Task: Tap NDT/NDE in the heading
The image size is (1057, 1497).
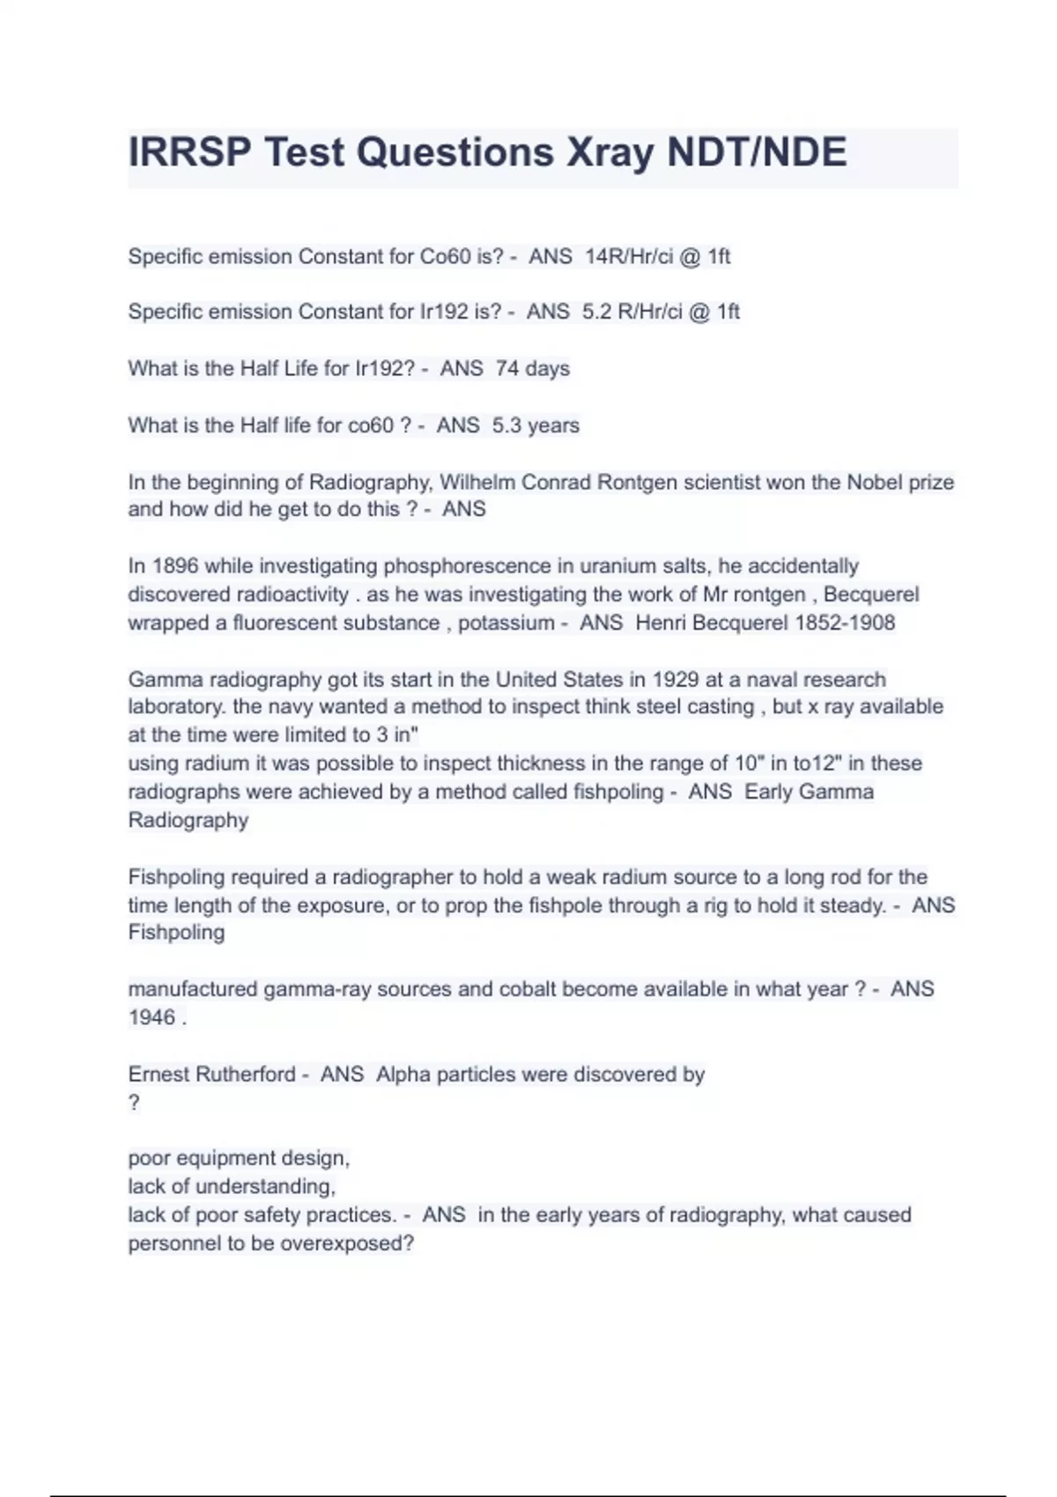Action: [x=757, y=152]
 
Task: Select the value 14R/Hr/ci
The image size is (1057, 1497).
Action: [x=629, y=256]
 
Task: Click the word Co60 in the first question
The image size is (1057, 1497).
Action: [x=445, y=256]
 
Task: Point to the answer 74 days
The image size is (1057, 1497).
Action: [x=532, y=368]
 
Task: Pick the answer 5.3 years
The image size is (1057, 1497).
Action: [x=536, y=425]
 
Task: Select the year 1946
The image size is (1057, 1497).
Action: [x=152, y=1017]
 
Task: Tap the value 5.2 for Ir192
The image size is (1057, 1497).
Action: [x=596, y=312]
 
